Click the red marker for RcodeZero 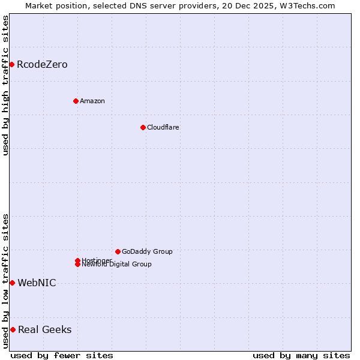(11, 64)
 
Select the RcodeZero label (42, 65)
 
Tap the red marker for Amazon (76, 101)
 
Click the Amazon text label (92, 101)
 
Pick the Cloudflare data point (143, 127)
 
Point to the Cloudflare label (163, 127)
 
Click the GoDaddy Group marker (118, 251)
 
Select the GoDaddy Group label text (147, 251)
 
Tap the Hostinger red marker (77, 260)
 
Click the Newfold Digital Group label (117, 265)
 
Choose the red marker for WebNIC (12, 283)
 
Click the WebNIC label (37, 283)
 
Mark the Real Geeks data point (13, 329)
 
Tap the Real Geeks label (44, 330)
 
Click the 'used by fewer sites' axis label (62, 355)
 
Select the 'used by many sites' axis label (301, 355)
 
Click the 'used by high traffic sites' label (5, 85)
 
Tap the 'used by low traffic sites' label (5, 281)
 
